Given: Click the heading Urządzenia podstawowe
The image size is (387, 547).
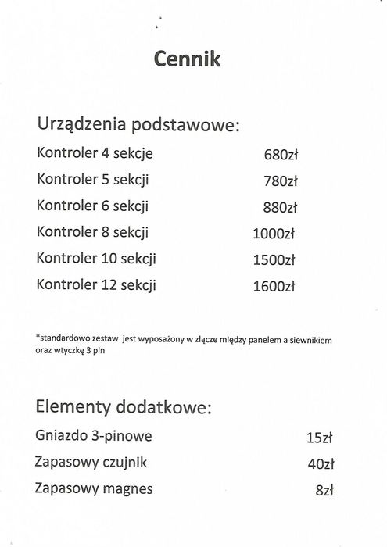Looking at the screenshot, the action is tap(138, 126).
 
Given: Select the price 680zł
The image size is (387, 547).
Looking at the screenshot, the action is tap(281, 155).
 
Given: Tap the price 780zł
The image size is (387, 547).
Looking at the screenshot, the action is tap(281, 181).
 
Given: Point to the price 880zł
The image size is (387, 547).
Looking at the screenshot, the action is tap(280, 208).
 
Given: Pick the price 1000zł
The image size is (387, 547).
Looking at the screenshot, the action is tap(274, 234).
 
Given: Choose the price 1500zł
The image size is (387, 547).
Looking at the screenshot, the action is tap(274, 260).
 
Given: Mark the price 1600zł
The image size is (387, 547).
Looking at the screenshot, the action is tap(274, 287).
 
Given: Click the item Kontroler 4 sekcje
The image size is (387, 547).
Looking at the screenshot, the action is tap(95, 153).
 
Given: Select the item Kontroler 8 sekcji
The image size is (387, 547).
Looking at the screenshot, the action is tap(93, 232).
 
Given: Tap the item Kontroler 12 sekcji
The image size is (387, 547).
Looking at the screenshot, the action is tap(96, 285).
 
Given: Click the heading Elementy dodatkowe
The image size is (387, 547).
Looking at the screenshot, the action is tap(124, 407).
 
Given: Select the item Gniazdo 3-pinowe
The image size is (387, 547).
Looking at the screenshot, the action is tap(94, 436).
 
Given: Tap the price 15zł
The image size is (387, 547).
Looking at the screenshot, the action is tap(321, 438).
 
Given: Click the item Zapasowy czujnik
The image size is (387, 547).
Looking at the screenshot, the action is tap(91, 463).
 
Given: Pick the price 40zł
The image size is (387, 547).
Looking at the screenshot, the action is tap(321, 464).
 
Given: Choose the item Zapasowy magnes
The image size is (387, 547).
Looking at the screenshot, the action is tap(94, 489).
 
